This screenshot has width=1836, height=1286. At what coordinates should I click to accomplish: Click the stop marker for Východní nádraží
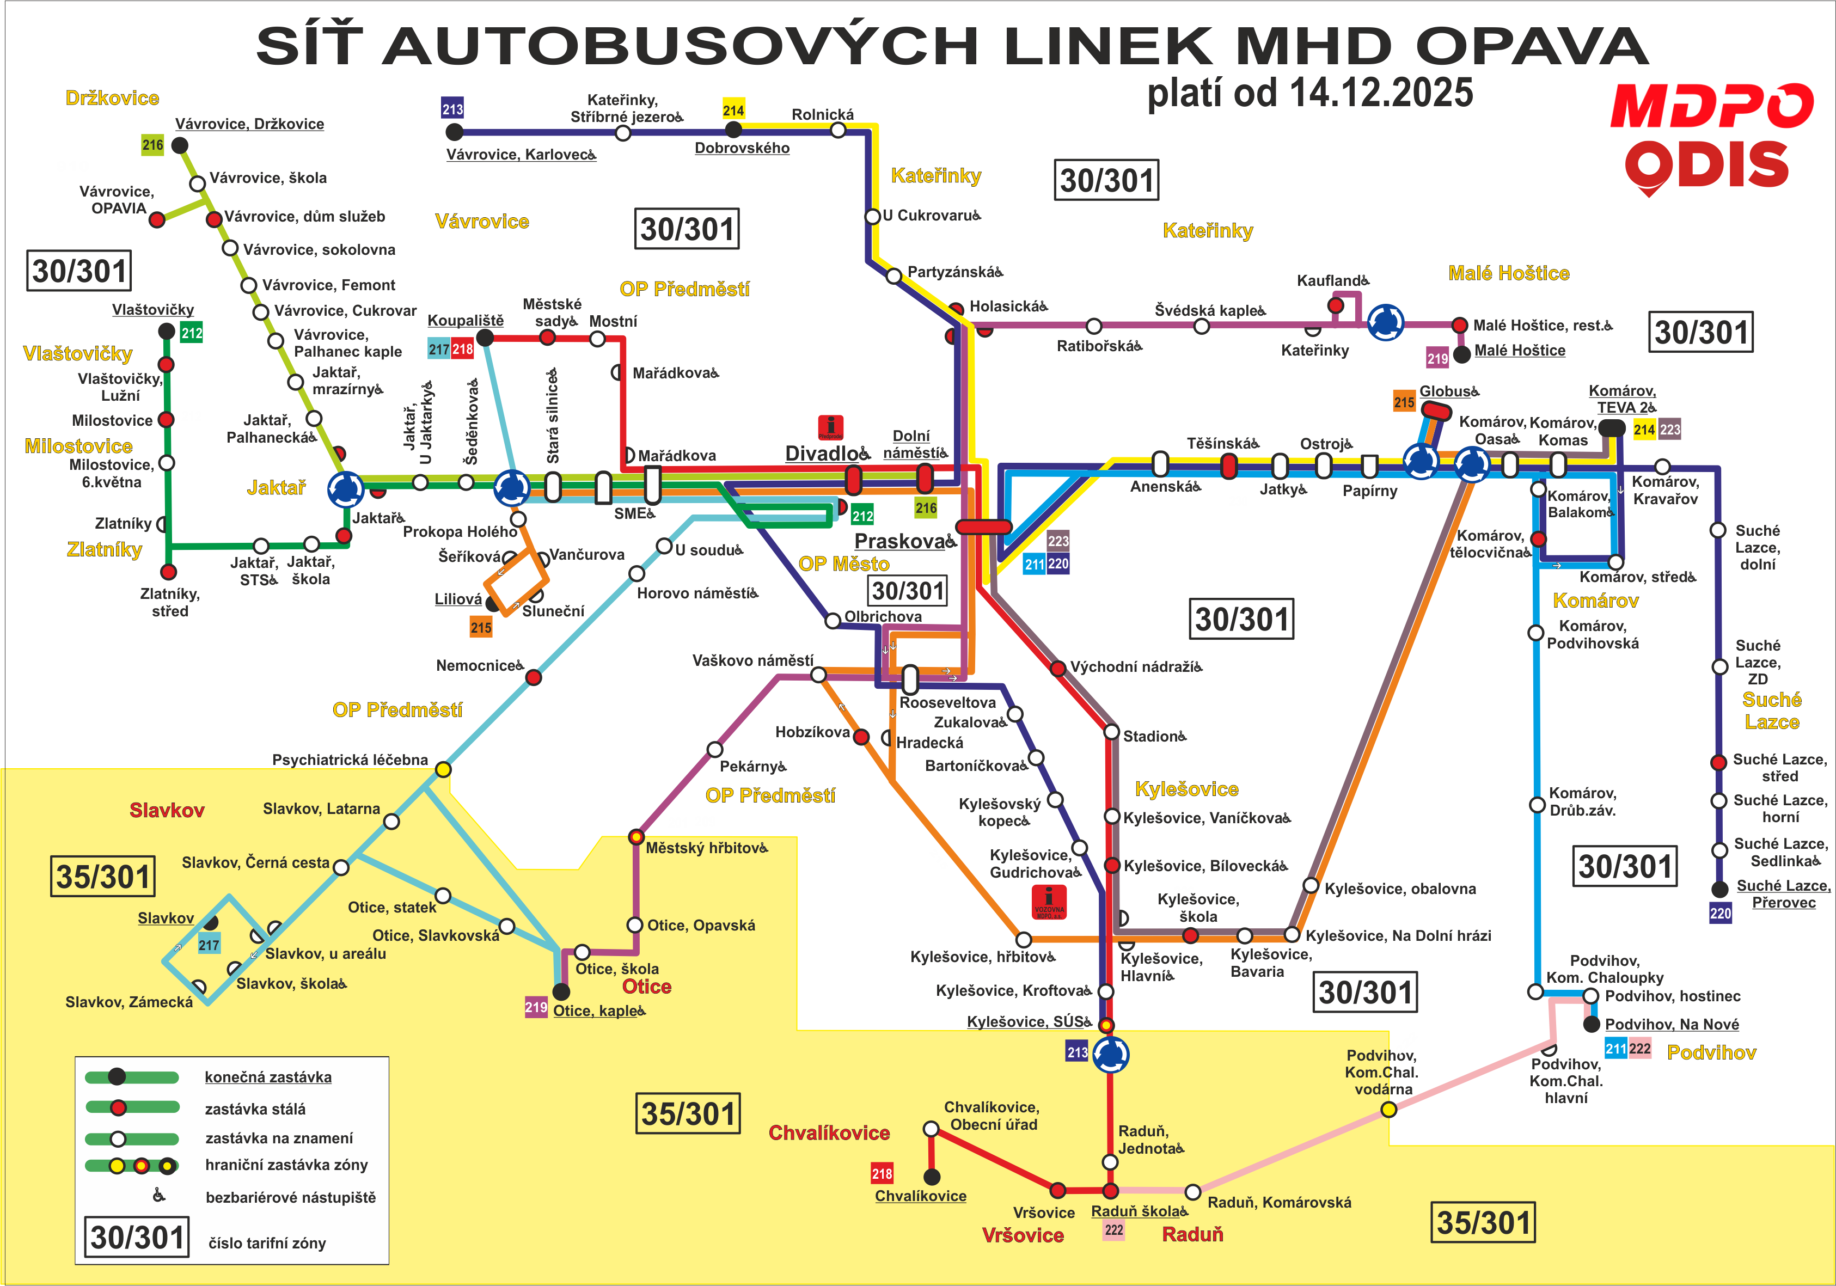coord(1057,668)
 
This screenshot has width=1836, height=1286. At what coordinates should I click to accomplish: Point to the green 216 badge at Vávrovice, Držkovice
coord(153,145)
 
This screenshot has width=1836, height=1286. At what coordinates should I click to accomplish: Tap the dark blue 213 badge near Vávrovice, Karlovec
coord(452,109)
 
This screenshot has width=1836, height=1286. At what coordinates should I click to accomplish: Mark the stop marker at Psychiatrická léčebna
coord(443,769)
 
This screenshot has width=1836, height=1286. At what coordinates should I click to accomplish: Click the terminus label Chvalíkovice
coord(920,1196)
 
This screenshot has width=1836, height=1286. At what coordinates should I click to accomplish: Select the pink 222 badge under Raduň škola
coord(1114,1230)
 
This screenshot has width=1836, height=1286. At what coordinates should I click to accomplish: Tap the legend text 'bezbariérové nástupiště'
coord(290,1197)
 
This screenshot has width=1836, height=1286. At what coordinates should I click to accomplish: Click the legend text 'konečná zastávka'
coord(268,1077)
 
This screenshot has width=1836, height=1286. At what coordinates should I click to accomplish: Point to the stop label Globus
coord(1449,391)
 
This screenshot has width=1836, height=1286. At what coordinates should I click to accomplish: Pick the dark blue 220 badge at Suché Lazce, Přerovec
coord(1721,913)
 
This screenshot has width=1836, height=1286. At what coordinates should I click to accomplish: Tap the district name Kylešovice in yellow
coord(1186,789)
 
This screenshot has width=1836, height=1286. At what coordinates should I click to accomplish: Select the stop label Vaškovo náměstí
coord(752,660)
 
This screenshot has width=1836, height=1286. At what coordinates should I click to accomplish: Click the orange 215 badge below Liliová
coord(481,628)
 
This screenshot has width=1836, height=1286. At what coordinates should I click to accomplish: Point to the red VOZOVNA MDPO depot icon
coord(1049,901)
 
